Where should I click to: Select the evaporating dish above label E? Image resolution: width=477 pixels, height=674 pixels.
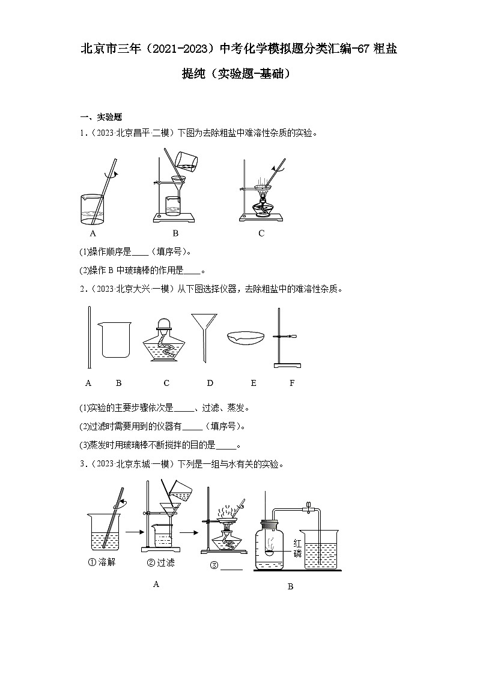(x=248, y=337)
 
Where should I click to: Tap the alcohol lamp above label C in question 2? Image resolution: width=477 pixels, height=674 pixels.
(x=166, y=340)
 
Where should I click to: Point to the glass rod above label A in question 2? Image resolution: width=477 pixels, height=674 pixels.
(x=89, y=337)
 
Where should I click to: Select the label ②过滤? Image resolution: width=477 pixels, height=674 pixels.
(x=159, y=562)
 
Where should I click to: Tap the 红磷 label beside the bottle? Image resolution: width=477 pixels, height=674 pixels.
(x=297, y=548)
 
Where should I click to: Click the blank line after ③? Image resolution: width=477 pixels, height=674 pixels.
(x=232, y=568)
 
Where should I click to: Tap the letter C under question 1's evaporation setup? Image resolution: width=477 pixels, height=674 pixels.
(x=261, y=233)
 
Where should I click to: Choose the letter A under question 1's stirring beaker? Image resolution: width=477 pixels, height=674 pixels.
(x=93, y=233)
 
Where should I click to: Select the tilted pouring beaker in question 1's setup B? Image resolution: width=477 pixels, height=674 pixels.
(x=189, y=158)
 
